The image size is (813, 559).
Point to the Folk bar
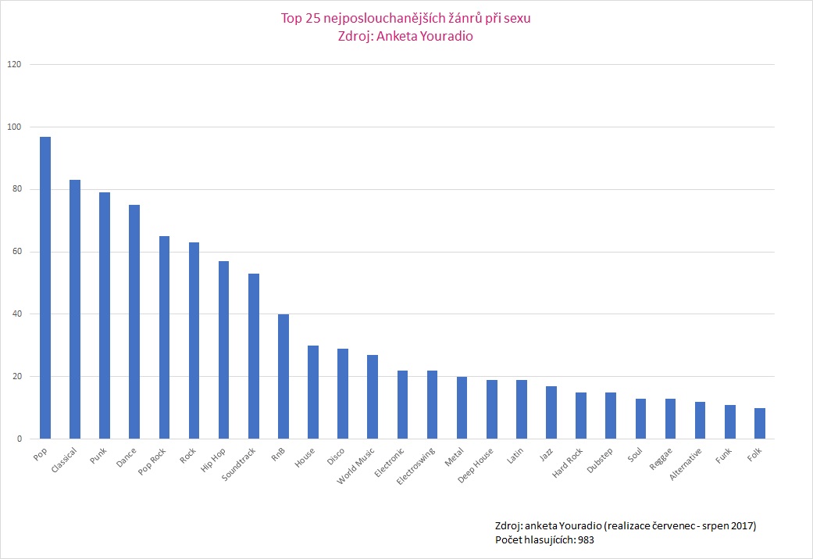pyautogui.click(x=759, y=424)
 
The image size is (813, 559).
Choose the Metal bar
pyautogui.click(x=462, y=408)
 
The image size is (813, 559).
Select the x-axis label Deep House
pyautogui.click(x=476, y=466)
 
